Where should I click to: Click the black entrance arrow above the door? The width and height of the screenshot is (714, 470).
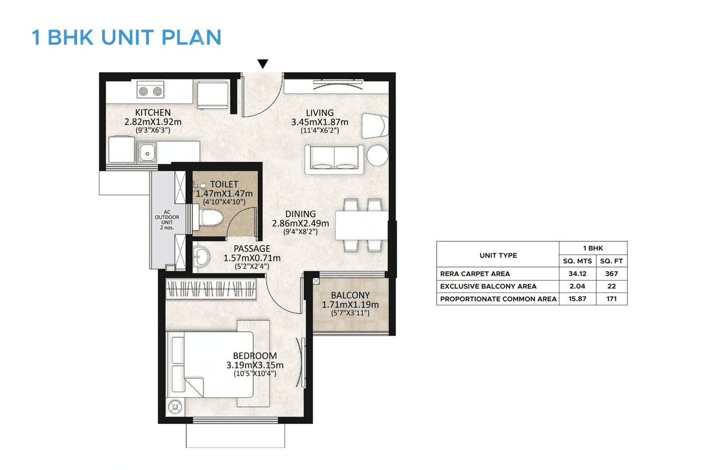263,64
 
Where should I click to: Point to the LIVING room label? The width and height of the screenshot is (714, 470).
320,113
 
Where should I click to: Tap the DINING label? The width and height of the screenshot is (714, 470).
300,214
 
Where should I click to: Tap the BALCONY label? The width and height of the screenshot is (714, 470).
350,295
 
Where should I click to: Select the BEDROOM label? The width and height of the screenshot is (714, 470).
254,356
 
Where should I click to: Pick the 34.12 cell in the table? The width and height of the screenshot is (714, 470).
577,274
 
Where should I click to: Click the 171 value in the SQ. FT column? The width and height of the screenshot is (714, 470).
612,299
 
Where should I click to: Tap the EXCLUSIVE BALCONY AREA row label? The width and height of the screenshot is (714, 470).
488,286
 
